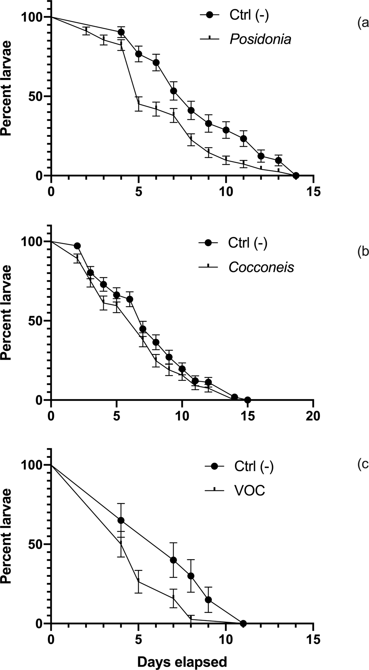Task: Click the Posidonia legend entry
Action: coord(260,39)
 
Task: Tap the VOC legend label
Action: coord(249,491)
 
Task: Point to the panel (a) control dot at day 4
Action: coord(121,32)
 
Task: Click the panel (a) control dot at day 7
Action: coord(174,91)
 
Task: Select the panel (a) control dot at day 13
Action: coord(278,161)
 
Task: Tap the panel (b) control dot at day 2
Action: coord(77,246)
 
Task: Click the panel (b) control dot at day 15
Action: coord(247,400)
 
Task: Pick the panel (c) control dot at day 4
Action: coord(121,520)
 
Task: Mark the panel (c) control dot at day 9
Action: coord(208,599)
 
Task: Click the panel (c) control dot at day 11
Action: coord(243,623)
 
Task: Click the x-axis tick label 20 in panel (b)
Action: coord(313,415)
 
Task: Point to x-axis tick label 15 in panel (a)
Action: coord(313,191)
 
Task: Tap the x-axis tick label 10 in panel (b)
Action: coord(182,415)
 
